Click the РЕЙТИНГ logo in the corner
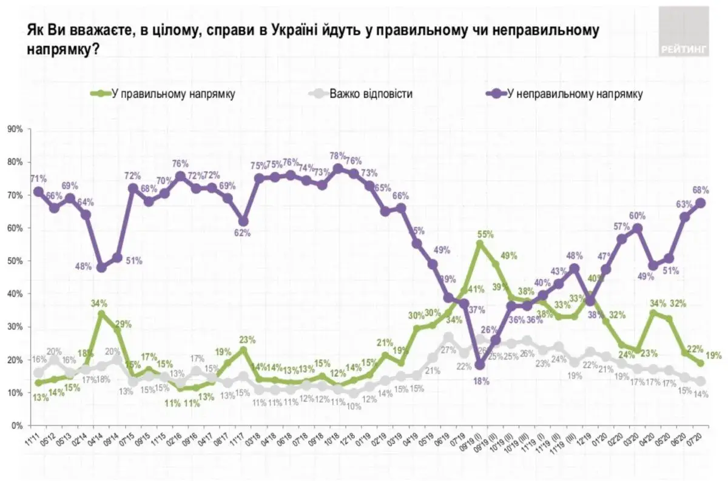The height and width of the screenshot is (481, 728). [x=684, y=32]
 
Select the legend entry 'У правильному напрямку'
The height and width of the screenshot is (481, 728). [x=173, y=94]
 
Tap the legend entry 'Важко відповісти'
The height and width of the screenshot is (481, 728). [x=370, y=94]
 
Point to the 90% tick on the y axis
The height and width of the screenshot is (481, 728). [x=14, y=129]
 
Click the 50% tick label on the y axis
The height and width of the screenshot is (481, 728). [x=14, y=261]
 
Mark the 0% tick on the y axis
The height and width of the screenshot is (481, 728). [x=16, y=425]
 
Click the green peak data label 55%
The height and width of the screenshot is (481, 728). [x=485, y=234]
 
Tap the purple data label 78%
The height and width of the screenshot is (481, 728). [x=338, y=156]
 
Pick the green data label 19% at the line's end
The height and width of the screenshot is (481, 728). [x=714, y=356]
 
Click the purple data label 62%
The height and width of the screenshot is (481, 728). [x=242, y=234]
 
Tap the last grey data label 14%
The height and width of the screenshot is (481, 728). [x=703, y=395]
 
